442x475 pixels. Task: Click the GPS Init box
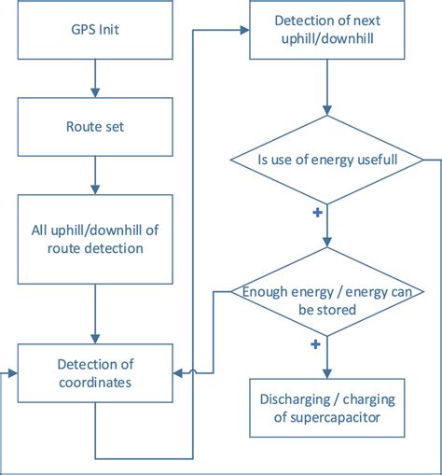(94, 30)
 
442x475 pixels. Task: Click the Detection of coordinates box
(94, 373)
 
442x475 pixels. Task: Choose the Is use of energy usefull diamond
(325, 160)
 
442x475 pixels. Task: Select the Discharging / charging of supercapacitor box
(325, 408)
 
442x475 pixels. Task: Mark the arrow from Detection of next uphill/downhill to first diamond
(325, 93)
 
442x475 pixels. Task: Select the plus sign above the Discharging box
(314, 345)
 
